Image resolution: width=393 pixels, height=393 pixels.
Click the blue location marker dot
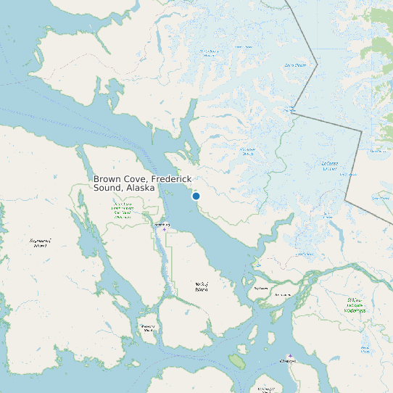point(196,196)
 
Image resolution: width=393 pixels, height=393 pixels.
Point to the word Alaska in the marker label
point(140,188)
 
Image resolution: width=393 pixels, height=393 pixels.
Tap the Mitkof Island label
point(202,286)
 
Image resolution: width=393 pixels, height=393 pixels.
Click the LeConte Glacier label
point(330,166)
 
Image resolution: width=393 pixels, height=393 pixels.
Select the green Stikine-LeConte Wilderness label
point(355,305)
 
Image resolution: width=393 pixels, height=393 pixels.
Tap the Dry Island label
point(260,288)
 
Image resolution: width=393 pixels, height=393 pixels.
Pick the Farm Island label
point(283,295)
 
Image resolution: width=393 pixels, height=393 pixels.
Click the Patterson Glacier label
point(248,152)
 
